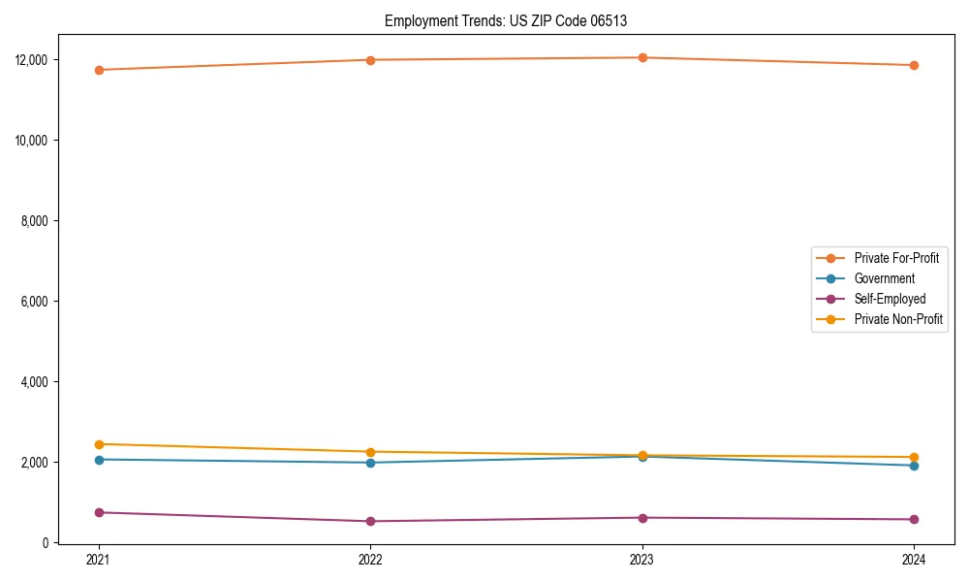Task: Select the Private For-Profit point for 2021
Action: coord(99,70)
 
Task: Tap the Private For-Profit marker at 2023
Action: coord(642,57)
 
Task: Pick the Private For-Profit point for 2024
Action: coord(914,65)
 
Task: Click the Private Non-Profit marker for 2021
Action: coord(99,444)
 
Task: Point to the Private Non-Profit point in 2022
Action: coord(370,452)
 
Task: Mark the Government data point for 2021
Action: coord(99,460)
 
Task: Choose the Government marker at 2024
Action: coord(914,466)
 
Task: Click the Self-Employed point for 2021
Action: coord(99,512)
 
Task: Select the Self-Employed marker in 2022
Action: coord(370,521)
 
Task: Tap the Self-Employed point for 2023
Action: coord(642,518)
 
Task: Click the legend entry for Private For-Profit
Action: coord(895,258)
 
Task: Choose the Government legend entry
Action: coord(884,278)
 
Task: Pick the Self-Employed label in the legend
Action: coord(890,299)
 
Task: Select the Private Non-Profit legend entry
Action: coord(898,319)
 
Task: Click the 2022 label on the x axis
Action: coord(370,560)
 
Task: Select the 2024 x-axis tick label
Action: coord(914,560)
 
